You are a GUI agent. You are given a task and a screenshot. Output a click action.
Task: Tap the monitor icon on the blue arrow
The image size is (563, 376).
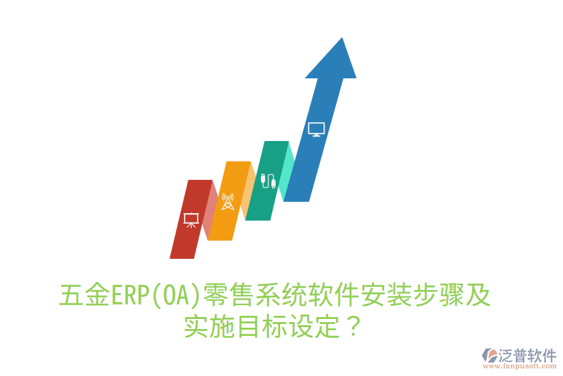pos(317,129)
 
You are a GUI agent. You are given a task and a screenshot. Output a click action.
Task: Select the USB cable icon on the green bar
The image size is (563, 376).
pos(268,180)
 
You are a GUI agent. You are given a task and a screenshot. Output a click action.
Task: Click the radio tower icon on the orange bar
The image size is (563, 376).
pos(228,202)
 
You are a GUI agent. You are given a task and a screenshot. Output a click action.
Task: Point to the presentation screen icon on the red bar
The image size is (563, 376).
pos(191,220)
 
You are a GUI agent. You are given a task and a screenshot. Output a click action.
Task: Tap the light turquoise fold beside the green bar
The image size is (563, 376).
pos(288,169)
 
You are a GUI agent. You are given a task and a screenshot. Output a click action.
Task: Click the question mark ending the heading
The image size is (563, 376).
pos(353,326)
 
